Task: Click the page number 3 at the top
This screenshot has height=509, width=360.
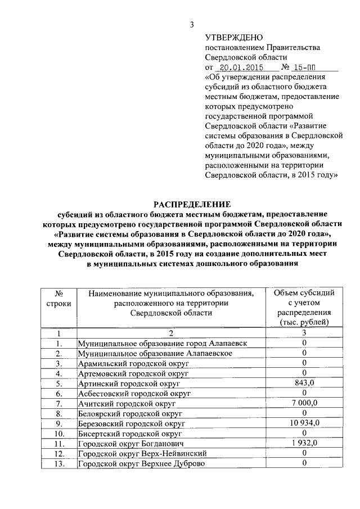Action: click(x=192, y=25)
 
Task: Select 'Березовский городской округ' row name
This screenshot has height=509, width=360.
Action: click(x=132, y=424)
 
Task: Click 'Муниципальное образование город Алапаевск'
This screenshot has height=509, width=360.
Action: click(x=162, y=343)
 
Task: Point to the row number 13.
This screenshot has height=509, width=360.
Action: click(x=58, y=463)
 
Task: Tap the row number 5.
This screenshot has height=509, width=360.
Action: click(x=58, y=383)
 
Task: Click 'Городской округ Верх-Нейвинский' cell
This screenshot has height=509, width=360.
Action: click(x=142, y=453)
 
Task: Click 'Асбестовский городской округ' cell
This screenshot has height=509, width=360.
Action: click(x=134, y=393)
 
